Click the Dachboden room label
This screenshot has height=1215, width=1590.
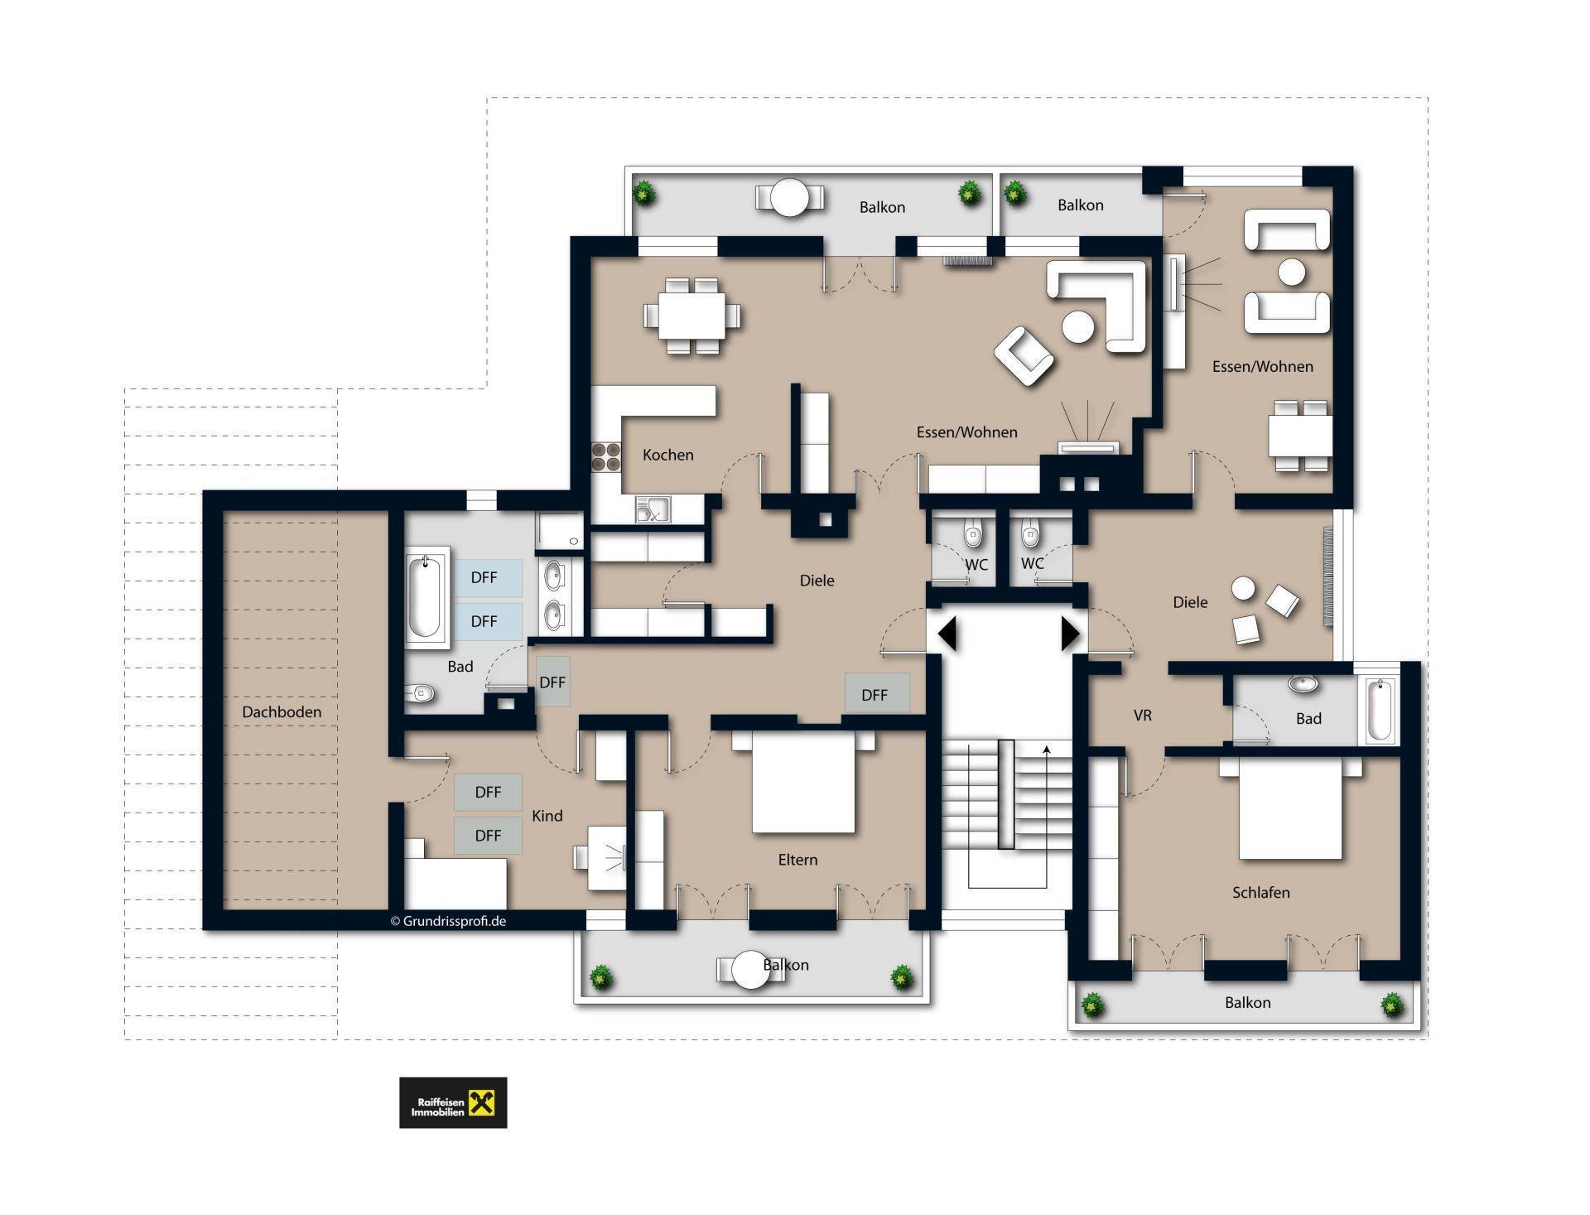click(282, 711)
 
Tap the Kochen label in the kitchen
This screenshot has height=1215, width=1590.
click(667, 455)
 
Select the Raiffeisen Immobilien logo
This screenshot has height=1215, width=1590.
click(453, 1102)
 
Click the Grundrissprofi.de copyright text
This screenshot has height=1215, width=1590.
click(448, 921)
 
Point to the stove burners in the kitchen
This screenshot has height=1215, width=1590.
click(606, 457)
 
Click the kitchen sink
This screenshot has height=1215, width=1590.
click(653, 509)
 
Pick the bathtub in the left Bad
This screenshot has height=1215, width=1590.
click(425, 596)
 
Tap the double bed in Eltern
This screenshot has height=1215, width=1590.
click(802, 781)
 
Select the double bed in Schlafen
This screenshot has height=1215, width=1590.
click(1290, 808)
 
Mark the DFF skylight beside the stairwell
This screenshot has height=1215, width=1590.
click(876, 693)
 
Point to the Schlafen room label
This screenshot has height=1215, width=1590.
click(1260, 892)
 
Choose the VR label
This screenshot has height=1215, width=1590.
click(1142, 715)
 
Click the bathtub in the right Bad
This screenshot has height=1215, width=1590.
click(1379, 709)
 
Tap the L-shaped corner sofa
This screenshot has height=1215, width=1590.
click(1098, 305)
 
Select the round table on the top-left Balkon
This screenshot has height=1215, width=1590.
click(789, 198)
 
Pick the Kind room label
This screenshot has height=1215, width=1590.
click(547, 816)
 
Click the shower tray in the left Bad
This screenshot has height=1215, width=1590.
click(560, 531)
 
